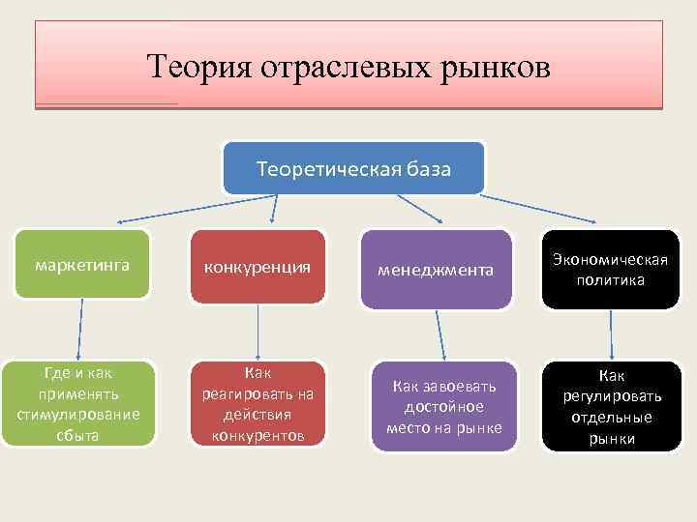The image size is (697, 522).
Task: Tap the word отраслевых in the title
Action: pyautogui.click(x=330, y=67)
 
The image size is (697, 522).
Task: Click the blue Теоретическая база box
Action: pyautogui.click(x=353, y=168)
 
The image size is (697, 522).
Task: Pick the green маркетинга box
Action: pyautogui.click(x=82, y=264)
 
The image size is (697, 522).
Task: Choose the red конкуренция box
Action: pyautogui.click(x=257, y=266)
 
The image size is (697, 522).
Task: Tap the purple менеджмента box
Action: pyautogui.click(x=437, y=270)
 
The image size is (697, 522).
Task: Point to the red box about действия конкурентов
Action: pyautogui.click(x=258, y=403)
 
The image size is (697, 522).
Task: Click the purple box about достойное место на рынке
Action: pyautogui.click(x=443, y=407)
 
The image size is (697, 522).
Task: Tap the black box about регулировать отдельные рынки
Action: pyautogui.click(x=610, y=406)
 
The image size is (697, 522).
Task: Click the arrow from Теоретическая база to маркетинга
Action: pyautogui.click(x=165, y=208)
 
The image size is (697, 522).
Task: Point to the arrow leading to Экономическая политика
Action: pyautogui.click(x=552, y=210)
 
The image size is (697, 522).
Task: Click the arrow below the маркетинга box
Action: pyautogui.click(x=80, y=329)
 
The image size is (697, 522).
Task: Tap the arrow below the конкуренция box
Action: pyautogui.click(x=258, y=333)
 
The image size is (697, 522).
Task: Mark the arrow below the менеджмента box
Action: pyautogui.click(x=439, y=334)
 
